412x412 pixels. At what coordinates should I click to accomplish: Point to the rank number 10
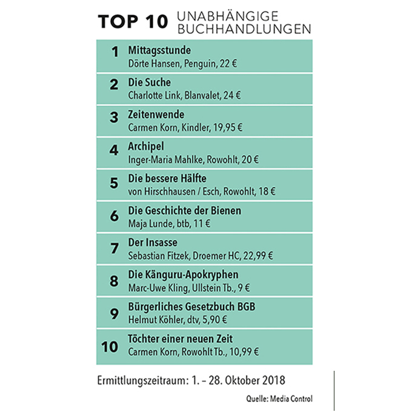pos(110,347)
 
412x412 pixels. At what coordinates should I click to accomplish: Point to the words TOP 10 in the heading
pos(132,21)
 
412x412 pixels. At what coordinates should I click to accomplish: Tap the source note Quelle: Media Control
pos(280,398)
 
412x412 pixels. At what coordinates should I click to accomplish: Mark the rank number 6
pos(113,216)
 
